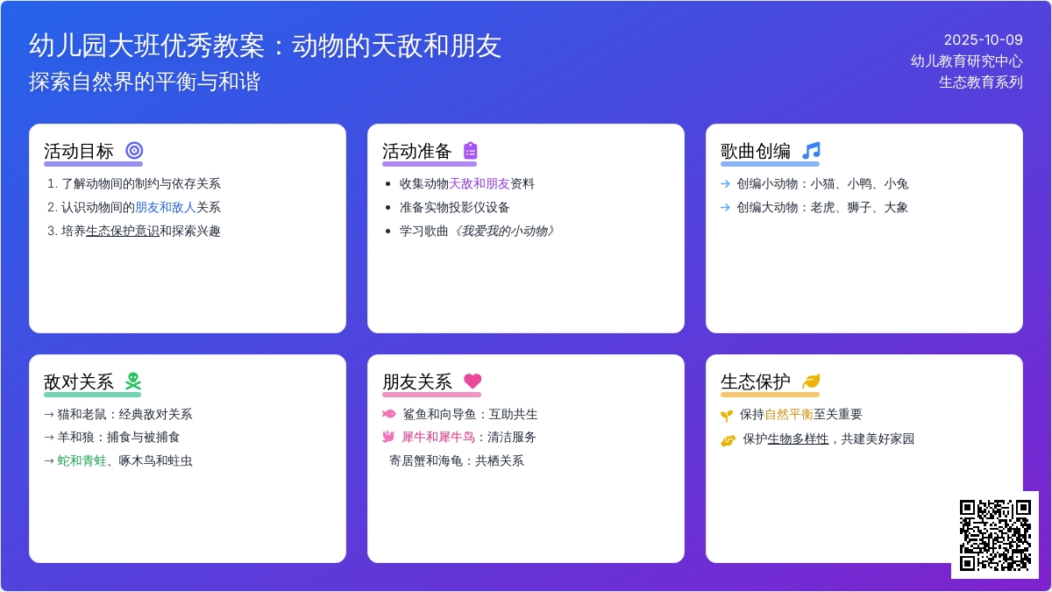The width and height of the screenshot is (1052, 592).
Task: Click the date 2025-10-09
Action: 983,39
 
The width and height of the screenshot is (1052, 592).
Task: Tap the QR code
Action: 994,534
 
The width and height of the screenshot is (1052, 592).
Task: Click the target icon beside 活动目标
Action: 134,151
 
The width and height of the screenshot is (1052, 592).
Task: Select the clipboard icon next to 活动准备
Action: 471,151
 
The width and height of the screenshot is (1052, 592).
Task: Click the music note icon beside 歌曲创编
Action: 811,151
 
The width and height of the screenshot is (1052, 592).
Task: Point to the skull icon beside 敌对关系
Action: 133,382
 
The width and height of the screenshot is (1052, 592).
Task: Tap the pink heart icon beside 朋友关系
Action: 473,382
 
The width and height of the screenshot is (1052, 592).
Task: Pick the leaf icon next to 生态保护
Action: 811,382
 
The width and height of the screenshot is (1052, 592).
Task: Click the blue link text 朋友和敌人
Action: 165,208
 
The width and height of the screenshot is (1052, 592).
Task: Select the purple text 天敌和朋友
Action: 480,184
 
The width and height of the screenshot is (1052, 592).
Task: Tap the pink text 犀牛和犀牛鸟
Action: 437,437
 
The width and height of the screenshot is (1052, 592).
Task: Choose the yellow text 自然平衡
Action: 789,414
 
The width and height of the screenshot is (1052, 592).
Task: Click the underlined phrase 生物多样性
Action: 798,439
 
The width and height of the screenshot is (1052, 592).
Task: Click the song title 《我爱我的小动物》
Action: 503,231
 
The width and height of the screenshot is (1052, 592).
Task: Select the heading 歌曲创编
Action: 756,151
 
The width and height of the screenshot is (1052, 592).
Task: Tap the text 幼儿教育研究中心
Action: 966,61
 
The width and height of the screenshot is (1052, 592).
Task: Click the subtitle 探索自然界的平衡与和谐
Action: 145,82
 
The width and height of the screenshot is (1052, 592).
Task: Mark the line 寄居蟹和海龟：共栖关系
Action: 456,460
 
